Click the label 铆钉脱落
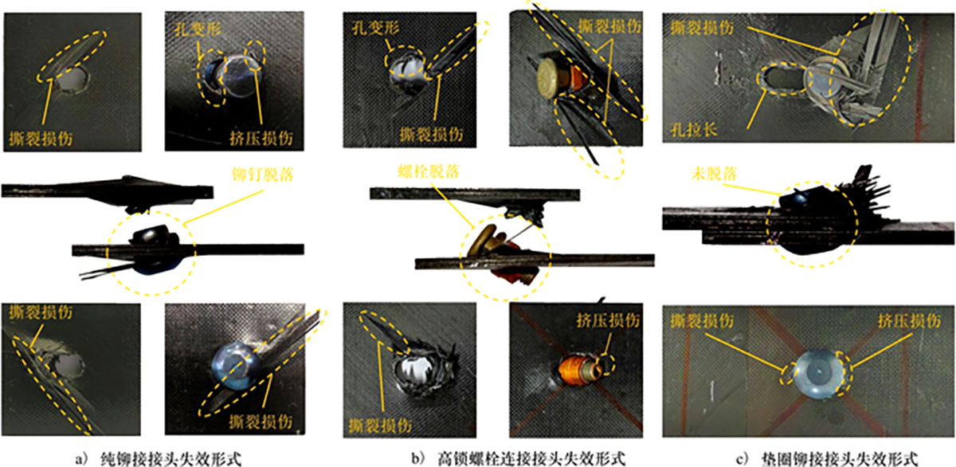pyautogui.click(x=262, y=175)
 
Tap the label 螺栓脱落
pyautogui.click(x=428, y=171)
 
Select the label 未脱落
pyautogui.click(x=714, y=173)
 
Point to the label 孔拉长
pyautogui.click(x=693, y=129)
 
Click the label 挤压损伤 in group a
pyautogui.click(x=261, y=138)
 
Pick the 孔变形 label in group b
pyautogui.click(x=375, y=28)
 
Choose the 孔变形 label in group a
pyautogui.click(x=198, y=29)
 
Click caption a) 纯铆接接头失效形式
pyautogui.click(x=159, y=459)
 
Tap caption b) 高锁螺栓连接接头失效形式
pyautogui.click(x=519, y=458)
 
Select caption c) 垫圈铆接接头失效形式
pyautogui.click(x=827, y=459)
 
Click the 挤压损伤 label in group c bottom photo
pyautogui.click(x=909, y=320)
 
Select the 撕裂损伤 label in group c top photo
pyautogui.click(x=702, y=27)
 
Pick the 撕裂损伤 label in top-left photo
pyautogui.click(x=41, y=139)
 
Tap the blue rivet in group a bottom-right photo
pyautogui.click(x=236, y=366)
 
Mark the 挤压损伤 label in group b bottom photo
pyautogui.click(x=608, y=320)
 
